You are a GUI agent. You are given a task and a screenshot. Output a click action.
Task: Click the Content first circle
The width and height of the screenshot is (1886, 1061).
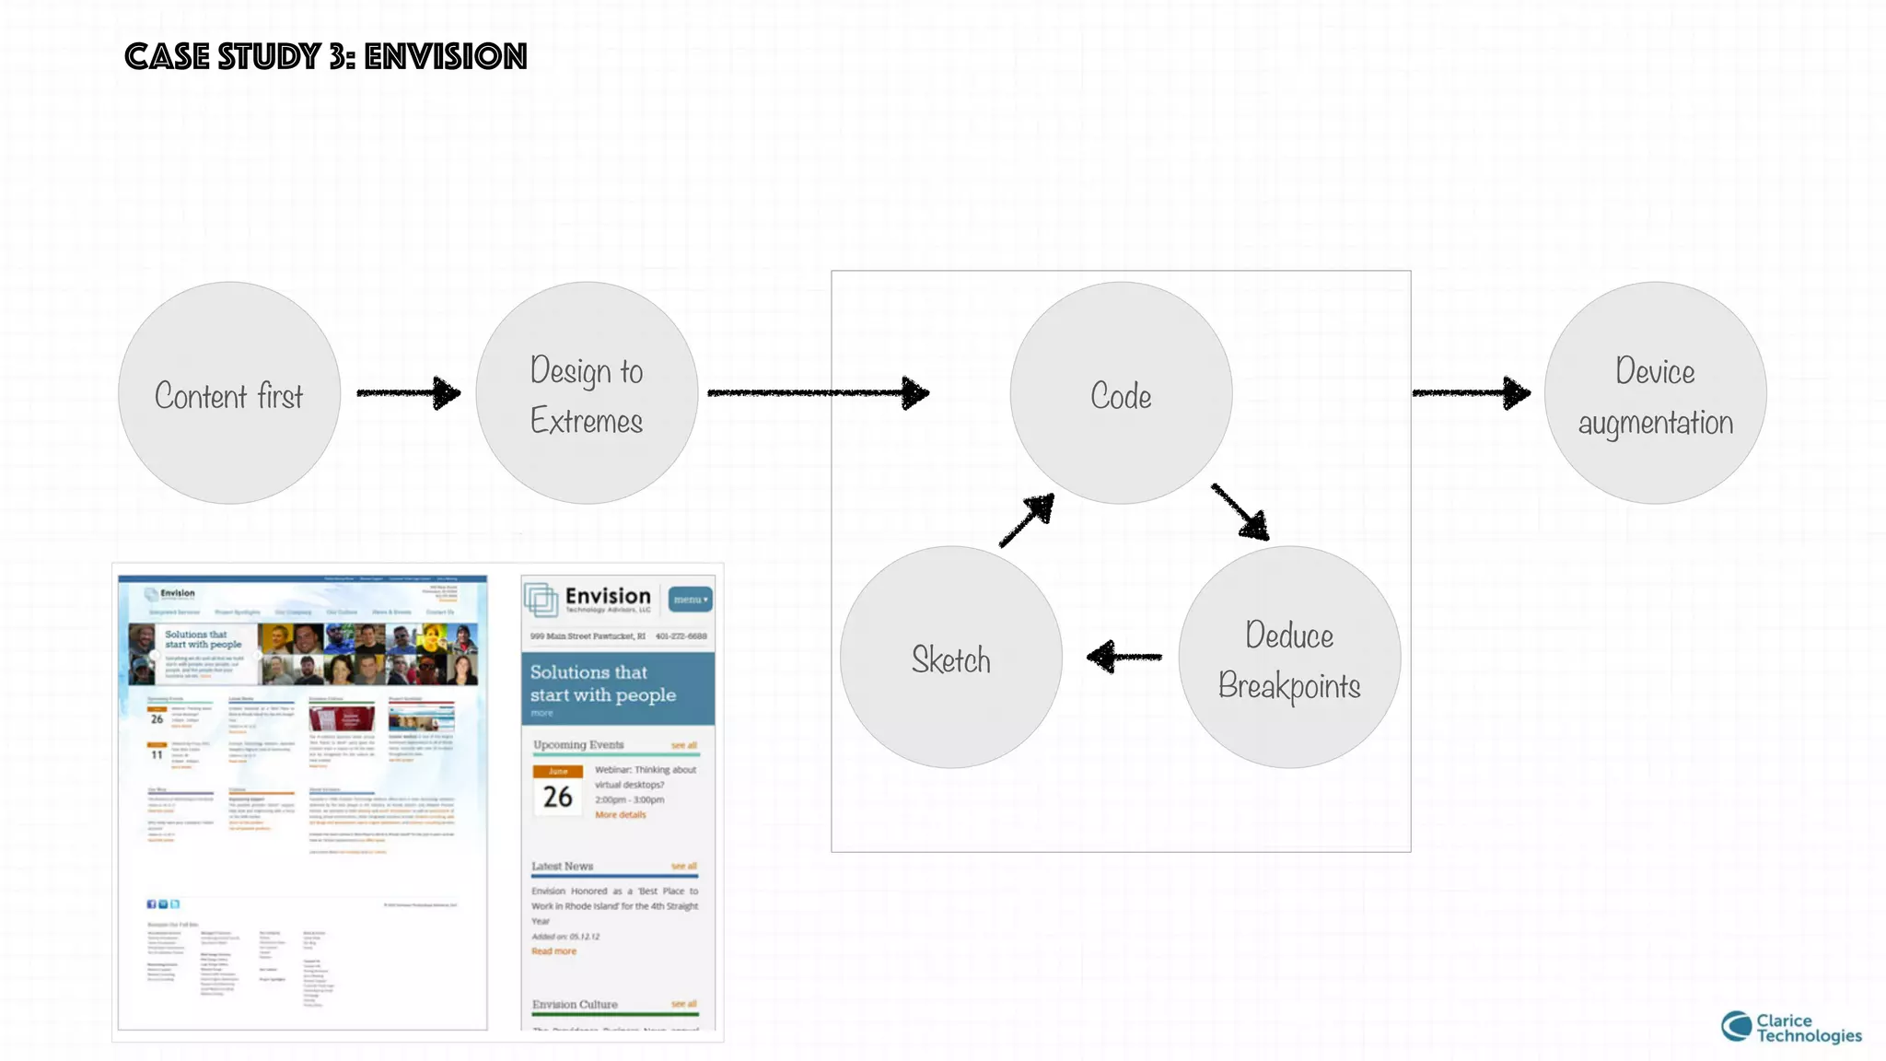pos(229,393)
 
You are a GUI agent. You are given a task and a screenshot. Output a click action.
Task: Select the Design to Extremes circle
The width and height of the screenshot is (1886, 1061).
pos(587,393)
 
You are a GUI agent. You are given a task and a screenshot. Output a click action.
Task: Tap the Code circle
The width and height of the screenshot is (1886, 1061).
pos(1121,393)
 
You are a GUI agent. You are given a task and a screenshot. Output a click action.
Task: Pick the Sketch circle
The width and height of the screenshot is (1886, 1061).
pos(951,658)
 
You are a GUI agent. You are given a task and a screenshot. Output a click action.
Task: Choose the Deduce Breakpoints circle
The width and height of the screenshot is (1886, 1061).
pos(1289,658)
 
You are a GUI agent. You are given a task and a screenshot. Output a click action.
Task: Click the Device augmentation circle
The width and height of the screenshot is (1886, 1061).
pos(1655,393)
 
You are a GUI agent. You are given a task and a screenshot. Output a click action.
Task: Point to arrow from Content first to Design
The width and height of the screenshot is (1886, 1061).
pos(409,393)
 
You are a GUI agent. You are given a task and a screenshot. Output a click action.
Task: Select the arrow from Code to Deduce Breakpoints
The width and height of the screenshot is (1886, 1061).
pos(1240,511)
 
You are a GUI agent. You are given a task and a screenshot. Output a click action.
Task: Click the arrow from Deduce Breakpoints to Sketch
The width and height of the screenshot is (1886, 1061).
pos(1123,657)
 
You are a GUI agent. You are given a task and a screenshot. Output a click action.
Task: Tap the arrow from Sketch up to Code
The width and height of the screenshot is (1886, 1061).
pos(1027,521)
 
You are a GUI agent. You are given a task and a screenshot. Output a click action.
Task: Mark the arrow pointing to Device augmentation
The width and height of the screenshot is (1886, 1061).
pos(1471,393)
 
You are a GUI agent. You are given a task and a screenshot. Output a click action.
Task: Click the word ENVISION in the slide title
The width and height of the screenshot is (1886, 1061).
pos(446,57)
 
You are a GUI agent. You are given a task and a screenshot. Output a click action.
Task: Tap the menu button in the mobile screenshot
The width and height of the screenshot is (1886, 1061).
pos(690,600)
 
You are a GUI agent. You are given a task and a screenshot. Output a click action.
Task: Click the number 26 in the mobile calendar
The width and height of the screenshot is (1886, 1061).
pos(557,797)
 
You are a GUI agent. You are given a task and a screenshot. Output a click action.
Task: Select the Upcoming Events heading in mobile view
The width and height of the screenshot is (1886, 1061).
pos(578,744)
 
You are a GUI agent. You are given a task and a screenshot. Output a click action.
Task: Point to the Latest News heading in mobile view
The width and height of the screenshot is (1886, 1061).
pos(562,866)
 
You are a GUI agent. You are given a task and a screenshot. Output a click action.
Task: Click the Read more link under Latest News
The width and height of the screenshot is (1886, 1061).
pos(553,951)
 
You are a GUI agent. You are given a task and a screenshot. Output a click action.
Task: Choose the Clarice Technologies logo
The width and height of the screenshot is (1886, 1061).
pos(1790,1027)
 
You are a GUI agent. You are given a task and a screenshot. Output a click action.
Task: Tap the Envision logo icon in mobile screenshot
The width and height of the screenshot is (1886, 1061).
pos(541,600)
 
